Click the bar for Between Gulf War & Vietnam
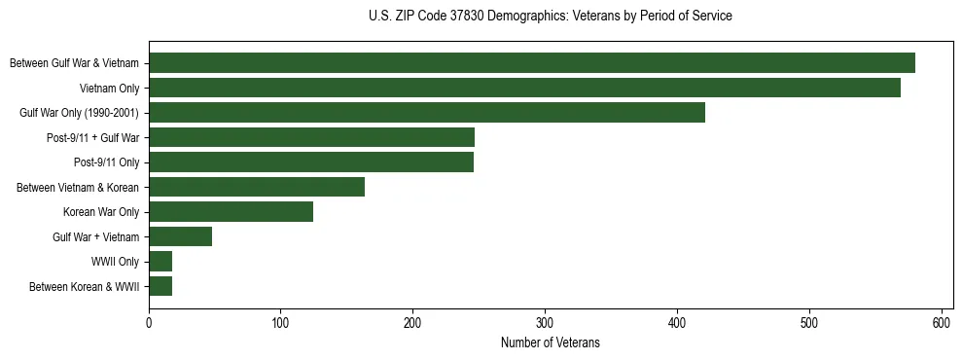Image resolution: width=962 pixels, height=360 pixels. pyautogui.click(x=531, y=63)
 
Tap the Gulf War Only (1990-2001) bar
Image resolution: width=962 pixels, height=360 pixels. pyautogui.click(x=426, y=113)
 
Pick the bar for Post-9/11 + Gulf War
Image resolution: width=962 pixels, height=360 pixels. pyautogui.click(x=311, y=137)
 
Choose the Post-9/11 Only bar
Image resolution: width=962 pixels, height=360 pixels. pyautogui.click(x=310, y=162)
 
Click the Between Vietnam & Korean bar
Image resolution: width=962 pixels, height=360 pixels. pyautogui.click(x=257, y=187)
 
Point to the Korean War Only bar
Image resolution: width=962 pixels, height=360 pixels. pyautogui.click(x=231, y=212)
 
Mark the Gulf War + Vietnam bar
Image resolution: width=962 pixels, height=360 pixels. pyautogui.click(x=180, y=236)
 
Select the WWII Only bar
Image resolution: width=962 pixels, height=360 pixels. pyautogui.click(x=160, y=262)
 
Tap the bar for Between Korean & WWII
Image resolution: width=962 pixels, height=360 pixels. pyautogui.click(x=160, y=286)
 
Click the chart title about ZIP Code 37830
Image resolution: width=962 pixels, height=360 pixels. pyautogui.click(x=551, y=17)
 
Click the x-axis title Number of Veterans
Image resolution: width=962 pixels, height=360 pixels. pyautogui.click(x=551, y=342)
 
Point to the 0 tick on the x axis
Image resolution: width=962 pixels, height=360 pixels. pyautogui.click(x=149, y=322)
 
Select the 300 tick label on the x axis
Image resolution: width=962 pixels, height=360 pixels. pyautogui.click(x=545, y=322)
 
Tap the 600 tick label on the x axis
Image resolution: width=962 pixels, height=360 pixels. pyautogui.click(x=942, y=322)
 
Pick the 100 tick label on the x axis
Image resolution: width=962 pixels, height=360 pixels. pyautogui.click(x=281, y=322)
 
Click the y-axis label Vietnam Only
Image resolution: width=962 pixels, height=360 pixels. pyautogui.click(x=109, y=89)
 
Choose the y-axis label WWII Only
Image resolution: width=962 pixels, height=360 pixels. pyautogui.click(x=115, y=262)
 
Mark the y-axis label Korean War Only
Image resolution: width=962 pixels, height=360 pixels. pyautogui.click(x=101, y=212)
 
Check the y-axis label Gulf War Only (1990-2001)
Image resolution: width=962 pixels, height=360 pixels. pyautogui.click(x=79, y=113)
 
